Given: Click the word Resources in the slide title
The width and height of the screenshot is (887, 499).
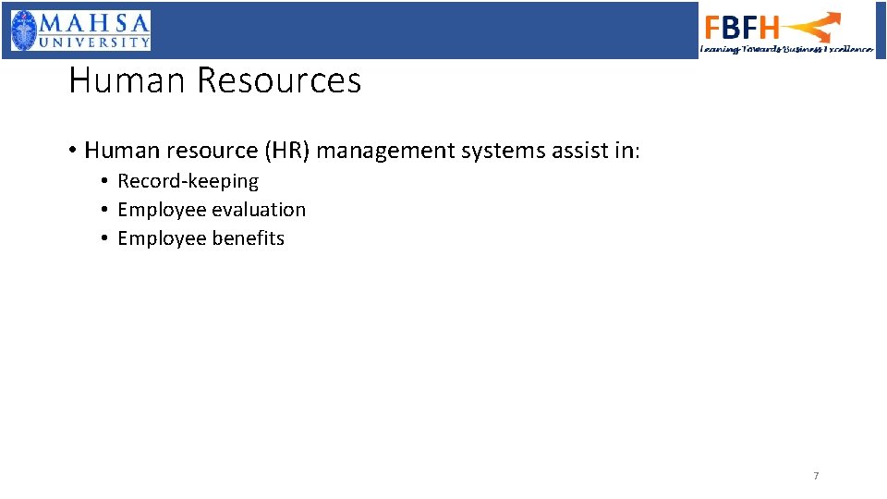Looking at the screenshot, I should (278, 81).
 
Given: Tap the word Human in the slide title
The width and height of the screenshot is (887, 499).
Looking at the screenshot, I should (128, 81).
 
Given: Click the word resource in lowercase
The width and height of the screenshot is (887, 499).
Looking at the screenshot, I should (204, 150).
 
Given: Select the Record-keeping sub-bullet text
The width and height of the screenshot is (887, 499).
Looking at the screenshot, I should (188, 181).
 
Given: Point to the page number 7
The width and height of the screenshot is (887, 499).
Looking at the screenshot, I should (816, 476).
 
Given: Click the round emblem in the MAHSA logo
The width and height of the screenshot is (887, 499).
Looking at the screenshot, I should (26, 30).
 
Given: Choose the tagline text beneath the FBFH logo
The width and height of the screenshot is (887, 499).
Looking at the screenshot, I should (786, 49).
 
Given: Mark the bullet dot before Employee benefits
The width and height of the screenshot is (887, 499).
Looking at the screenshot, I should (106, 238).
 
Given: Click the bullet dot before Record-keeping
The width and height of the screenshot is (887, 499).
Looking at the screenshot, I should (106, 181).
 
